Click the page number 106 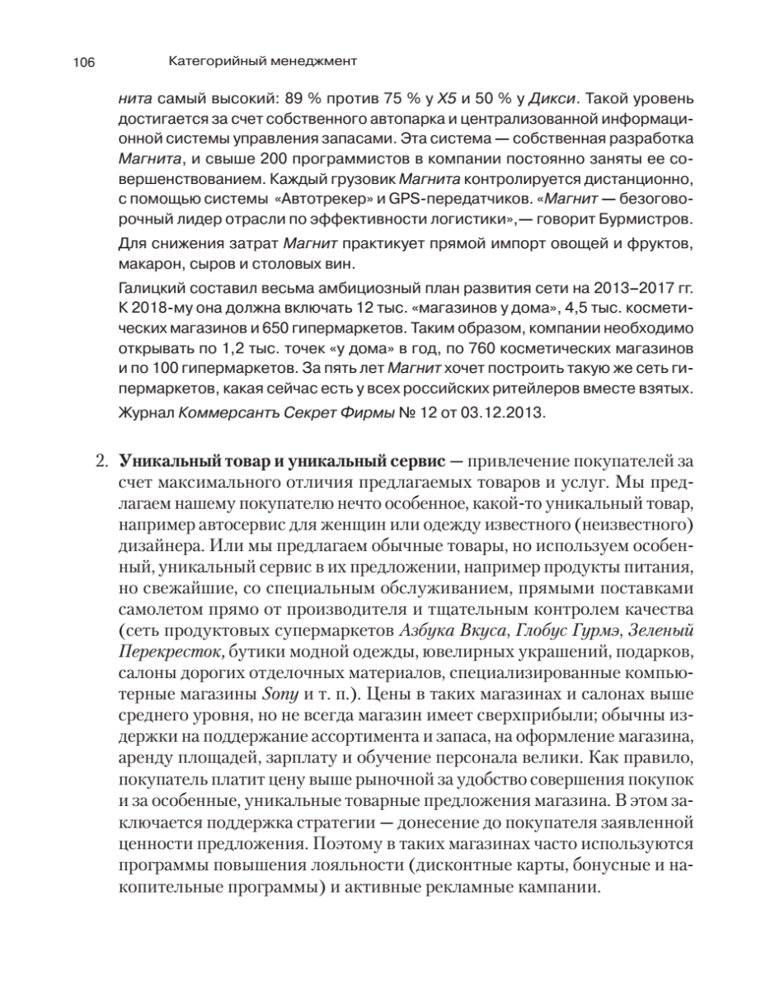(85, 62)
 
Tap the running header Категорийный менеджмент (262, 61)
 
